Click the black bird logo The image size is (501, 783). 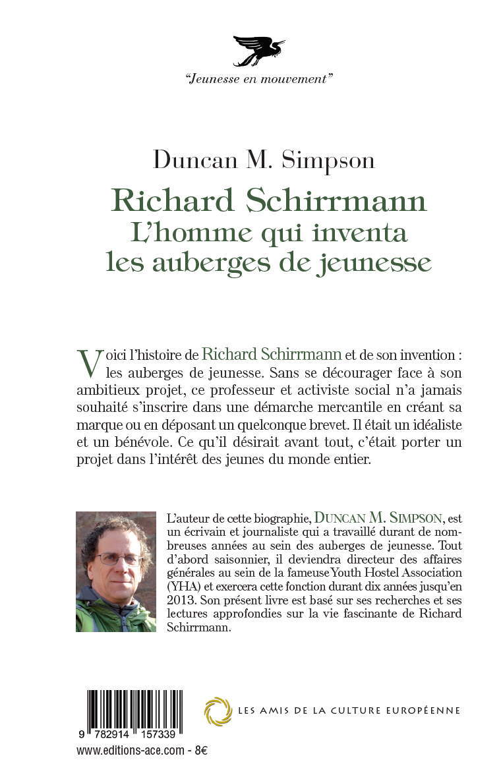(x=258, y=51)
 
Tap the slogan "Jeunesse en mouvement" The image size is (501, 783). (x=259, y=79)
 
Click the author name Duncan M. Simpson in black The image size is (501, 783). (x=264, y=160)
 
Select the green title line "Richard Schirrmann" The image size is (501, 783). (x=269, y=200)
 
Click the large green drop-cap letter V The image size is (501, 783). (x=90, y=361)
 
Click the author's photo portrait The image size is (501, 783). (x=116, y=571)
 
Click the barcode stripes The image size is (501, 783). (x=134, y=711)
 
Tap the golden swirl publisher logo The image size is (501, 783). (x=218, y=711)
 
